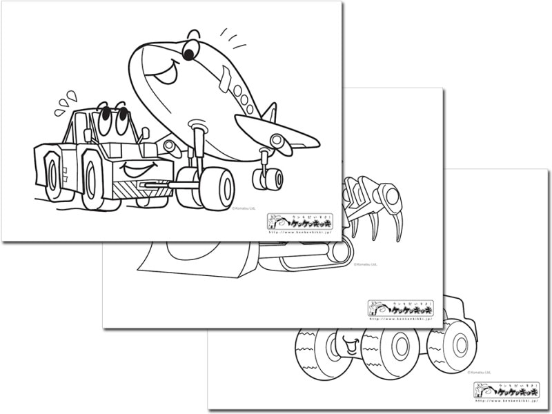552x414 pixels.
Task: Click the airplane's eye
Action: (190, 50)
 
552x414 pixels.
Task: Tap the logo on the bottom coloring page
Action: (506, 391)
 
